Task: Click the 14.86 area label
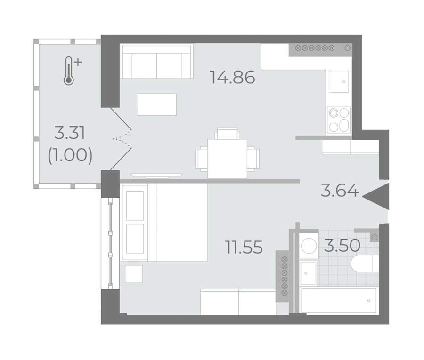tap(232, 77)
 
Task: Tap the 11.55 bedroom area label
tap(244, 247)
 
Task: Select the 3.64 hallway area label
tap(340, 191)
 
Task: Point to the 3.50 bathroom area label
tap(342, 246)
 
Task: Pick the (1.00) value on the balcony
tap(70, 155)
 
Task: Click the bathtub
tap(339, 301)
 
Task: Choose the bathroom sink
tap(308, 273)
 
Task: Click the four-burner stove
tap(339, 120)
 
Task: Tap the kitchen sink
tap(339, 81)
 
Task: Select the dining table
tap(228, 159)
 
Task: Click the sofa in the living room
tap(156, 62)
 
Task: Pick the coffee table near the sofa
tap(156, 104)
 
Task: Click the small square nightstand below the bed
tap(134, 274)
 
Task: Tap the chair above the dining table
tap(228, 133)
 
